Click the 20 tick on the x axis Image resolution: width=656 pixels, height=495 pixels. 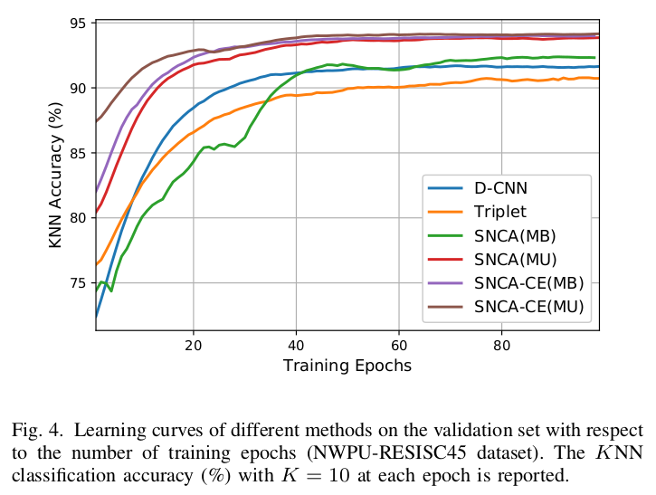pos(193,346)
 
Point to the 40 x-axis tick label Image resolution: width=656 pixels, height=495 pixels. pos(296,346)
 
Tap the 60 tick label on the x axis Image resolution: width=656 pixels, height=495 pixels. pos(399,346)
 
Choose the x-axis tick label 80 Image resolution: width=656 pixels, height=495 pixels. pos(502,346)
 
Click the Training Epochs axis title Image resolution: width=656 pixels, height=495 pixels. pos(347,366)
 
